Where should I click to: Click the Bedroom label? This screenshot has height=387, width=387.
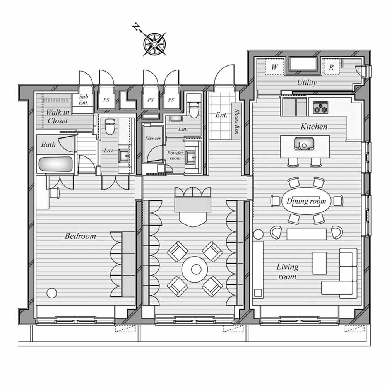pos(80,236)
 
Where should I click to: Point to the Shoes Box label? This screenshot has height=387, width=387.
pos(236,122)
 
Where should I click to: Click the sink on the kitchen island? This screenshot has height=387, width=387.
pos(305,144)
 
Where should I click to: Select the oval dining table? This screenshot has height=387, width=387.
pos(306,201)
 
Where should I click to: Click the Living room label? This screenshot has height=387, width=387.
pos(287,271)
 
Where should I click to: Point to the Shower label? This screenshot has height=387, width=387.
pos(153,139)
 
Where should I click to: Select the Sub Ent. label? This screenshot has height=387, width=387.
pos(84,100)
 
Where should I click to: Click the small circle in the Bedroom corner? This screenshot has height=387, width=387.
pos(51,293)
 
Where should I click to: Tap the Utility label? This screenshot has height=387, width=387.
pos(307,82)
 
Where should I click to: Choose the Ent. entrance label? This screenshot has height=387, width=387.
pos(221,115)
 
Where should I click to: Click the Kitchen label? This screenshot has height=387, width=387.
pos(314,127)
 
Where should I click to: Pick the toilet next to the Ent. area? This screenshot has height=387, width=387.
pos(193,109)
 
